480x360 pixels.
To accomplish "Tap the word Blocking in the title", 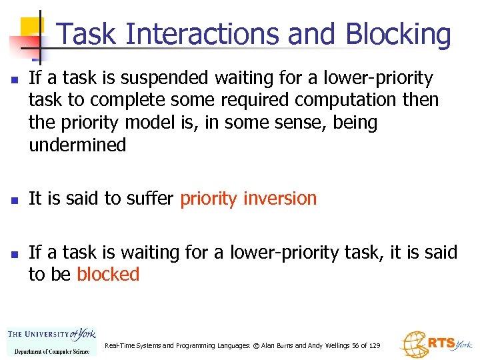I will [399, 35].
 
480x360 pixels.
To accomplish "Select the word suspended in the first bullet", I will [161, 79].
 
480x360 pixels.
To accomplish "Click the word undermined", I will [77, 145].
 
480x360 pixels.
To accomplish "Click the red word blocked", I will [108, 275].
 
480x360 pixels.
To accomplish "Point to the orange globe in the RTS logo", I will [413, 344].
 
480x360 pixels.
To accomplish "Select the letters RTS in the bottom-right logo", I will [441, 343].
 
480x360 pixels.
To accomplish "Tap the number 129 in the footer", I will [374, 346].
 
